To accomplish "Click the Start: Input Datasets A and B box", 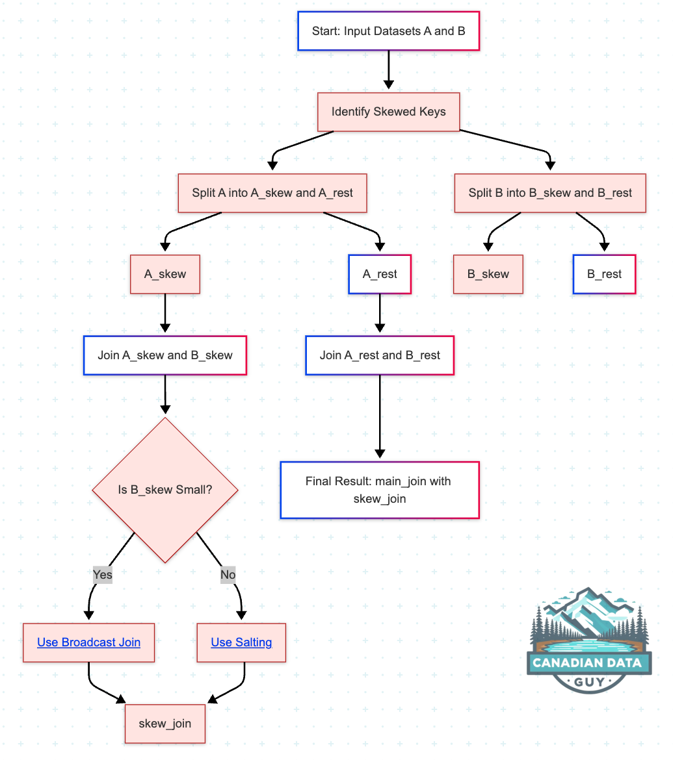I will (x=388, y=31).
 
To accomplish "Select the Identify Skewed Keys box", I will (x=388, y=112).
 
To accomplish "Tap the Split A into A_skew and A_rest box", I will (x=272, y=193).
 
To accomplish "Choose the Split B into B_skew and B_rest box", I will (x=550, y=193).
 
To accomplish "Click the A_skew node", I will (x=165, y=274).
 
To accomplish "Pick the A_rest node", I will (x=380, y=274).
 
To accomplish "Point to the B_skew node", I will (x=488, y=274).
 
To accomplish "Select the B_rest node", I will (x=604, y=274).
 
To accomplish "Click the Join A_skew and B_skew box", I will (x=165, y=355).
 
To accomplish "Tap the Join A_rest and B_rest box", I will (x=380, y=355).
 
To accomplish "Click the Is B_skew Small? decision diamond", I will (x=165, y=490).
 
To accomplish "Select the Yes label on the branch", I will (x=103, y=574).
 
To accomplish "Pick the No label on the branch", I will (x=228, y=574).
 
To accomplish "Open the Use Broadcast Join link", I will (x=88, y=642).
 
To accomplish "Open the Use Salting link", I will (x=241, y=642).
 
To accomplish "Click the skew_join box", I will (x=165, y=723).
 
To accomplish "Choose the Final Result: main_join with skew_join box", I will (x=380, y=490).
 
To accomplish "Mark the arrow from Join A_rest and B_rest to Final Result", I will (x=380, y=416).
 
